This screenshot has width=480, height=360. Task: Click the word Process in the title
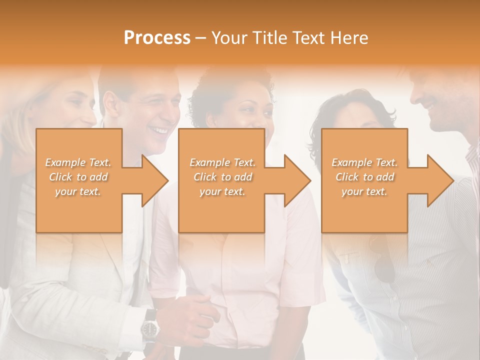(x=157, y=38)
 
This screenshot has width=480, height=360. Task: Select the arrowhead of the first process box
(x=154, y=180)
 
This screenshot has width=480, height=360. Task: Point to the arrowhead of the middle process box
(x=296, y=180)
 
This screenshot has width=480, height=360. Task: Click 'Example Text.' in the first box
(x=78, y=162)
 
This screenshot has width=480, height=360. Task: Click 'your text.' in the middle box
(x=222, y=191)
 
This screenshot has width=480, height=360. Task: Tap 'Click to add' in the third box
(x=364, y=177)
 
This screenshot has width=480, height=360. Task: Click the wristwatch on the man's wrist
(x=149, y=328)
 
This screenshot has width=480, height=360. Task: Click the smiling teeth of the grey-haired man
(x=160, y=130)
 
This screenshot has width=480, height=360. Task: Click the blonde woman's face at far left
(x=80, y=107)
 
